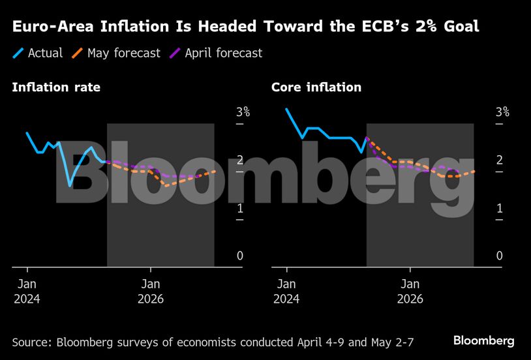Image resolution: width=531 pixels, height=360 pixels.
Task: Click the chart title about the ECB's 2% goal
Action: pos(245,27)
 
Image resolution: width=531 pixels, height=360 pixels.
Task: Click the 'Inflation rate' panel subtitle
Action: pos(56,87)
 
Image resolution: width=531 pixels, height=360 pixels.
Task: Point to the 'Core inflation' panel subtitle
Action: pos(316,87)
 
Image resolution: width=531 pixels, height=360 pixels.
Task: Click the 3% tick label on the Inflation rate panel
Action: pos(243,112)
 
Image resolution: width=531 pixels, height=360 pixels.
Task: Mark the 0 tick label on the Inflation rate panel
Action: pos(239,256)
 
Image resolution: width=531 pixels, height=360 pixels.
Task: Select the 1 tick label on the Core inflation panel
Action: pos(499,208)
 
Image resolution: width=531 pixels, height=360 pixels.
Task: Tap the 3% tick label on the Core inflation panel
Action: pos(502,112)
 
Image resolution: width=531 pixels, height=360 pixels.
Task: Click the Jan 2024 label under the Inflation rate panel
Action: pos(27,292)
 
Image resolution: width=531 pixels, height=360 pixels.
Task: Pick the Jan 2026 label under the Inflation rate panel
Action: pos(151,292)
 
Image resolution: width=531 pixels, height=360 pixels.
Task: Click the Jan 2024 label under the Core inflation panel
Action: pos(286,292)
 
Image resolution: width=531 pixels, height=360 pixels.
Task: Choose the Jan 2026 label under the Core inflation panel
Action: pos(410,292)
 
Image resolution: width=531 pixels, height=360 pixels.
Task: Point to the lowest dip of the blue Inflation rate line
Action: pos(70,186)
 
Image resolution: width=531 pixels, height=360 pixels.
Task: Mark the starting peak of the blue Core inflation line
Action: pos(286,109)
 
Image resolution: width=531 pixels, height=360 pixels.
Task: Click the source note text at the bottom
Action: pos(213,342)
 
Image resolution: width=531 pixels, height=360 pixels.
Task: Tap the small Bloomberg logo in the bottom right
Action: pos(483,341)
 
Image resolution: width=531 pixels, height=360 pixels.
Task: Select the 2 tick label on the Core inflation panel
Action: pos(499,160)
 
